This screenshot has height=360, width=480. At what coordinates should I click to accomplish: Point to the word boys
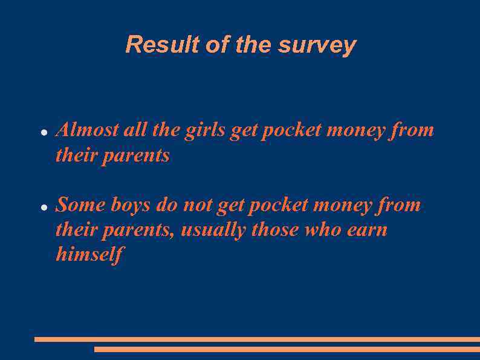click(130, 206)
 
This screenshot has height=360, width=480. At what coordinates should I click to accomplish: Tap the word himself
click(89, 254)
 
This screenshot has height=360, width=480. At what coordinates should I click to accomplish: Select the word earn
click(368, 230)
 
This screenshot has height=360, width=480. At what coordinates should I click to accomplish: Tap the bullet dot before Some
click(44, 207)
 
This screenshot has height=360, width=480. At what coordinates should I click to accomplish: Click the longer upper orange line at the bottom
click(257, 339)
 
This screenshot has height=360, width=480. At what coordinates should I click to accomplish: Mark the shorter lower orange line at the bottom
click(287, 349)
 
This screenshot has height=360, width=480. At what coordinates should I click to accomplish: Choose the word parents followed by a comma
click(143, 231)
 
